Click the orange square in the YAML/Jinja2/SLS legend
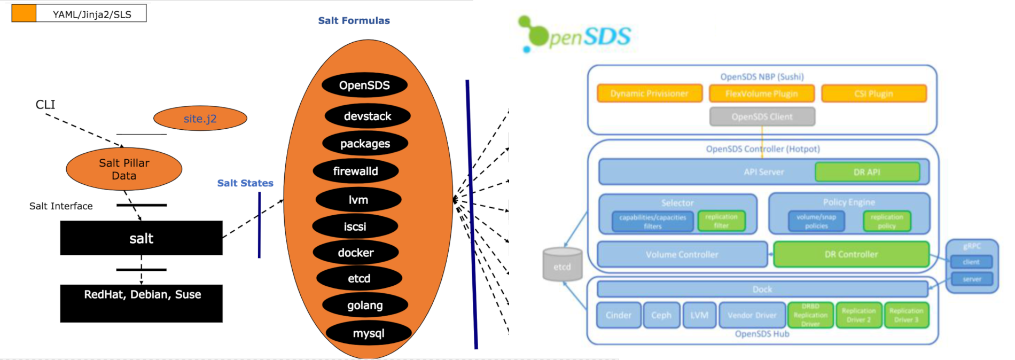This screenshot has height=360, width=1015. tap(24, 13)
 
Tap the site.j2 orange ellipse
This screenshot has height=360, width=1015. tap(200, 119)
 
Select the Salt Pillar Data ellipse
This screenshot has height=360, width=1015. tap(124, 169)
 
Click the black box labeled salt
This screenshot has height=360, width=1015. tap(141, 238)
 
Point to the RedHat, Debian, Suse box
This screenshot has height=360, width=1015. tap(141, 303)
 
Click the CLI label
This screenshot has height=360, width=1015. tap(45, 105)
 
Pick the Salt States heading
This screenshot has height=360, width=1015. tap(245, 183)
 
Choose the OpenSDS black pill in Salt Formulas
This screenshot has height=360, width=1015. tap(364, 85)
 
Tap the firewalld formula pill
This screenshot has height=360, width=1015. tap(356, 171)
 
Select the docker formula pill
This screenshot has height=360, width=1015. tap(356, 253)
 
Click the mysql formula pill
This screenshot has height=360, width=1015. tap(369, 333)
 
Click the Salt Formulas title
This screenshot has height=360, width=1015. tap(354, 21)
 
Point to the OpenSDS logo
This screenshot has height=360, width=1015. tap(574, 35)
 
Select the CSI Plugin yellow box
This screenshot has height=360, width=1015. tap(873, 93)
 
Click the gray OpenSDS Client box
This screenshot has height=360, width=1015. tap(762, 116)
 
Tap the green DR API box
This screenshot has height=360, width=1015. tap(866, 172)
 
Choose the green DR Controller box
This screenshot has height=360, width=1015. tap(851, 254)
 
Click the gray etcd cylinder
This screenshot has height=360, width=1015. tap(562, 264)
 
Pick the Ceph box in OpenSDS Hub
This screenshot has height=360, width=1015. tap(661, 315)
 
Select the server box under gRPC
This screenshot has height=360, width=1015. tap(971, 279)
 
